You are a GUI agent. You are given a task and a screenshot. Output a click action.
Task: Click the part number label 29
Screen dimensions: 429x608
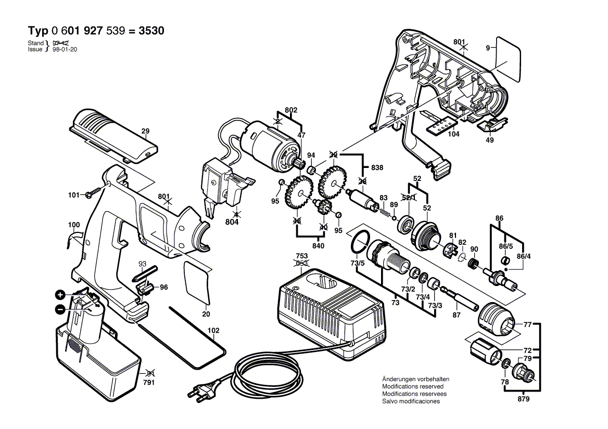click(145, 132)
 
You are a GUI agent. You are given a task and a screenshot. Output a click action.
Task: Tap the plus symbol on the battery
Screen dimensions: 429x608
click(61, 295)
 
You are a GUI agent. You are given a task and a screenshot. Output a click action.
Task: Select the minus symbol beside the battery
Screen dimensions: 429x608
click(61, 309)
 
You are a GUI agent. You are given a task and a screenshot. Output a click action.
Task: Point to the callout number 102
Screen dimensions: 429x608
click(213, 330)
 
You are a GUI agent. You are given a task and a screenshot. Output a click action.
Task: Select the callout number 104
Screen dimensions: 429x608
click(454, 134)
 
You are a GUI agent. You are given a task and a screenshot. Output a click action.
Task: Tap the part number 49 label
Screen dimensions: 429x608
click(490, 140)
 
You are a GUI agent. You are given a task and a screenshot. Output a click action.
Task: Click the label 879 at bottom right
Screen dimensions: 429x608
click(524, 399)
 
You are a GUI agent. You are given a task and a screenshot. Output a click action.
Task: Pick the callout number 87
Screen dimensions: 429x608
click(456, 315)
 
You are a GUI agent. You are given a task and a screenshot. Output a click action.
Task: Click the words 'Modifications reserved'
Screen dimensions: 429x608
click(413, 386)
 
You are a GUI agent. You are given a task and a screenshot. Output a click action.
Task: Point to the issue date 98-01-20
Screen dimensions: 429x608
click(65, 49)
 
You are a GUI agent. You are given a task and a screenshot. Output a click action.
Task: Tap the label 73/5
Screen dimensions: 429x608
click(358, 264)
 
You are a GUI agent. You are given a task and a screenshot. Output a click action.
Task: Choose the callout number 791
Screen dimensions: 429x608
click(149, 383)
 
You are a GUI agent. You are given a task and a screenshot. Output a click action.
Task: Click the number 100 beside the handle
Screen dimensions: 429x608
click(74, 225)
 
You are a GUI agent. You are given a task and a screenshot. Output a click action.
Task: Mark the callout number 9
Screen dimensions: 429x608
click(488, 48)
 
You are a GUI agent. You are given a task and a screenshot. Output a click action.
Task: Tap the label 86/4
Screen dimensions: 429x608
click(524, 256)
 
